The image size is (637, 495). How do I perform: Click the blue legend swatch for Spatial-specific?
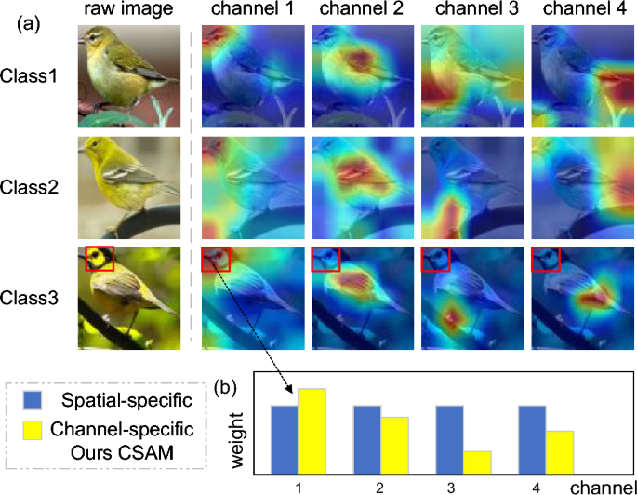(36, 403)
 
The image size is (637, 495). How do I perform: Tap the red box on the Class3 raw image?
(99, 258)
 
